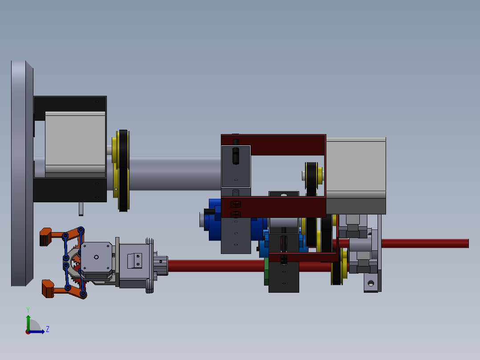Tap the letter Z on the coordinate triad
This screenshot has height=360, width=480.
(x=47, y=329)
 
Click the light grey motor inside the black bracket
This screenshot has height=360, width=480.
(x=74, y=142)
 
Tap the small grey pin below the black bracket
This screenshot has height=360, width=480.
(x=81, y=209)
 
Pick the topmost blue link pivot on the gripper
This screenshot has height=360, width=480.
(x=81, y=229)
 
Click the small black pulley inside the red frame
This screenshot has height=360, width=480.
(x=312, y=176)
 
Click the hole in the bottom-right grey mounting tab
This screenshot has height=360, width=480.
(x=370, y=282)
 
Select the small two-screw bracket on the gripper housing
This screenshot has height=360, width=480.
(x=134, y=260)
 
